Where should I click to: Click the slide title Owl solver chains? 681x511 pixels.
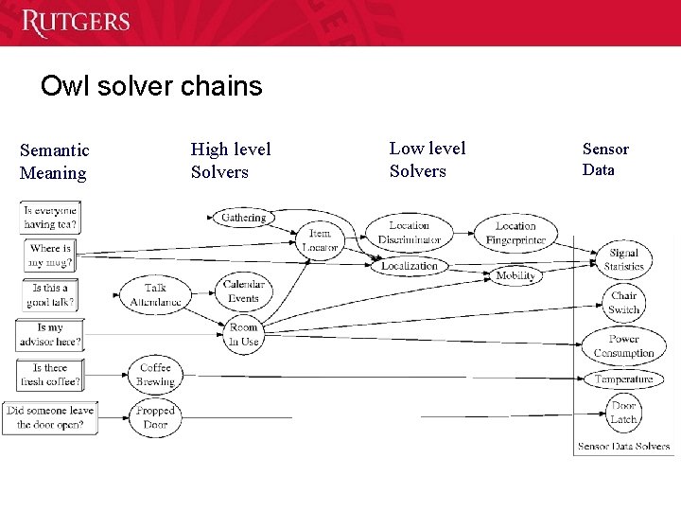(x=151, y=87)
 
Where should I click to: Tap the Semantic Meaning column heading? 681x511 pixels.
(x=55, y=162)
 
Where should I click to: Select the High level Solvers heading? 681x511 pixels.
(x=231, y=161)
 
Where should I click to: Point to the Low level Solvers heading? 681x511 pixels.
(x=428, y=160)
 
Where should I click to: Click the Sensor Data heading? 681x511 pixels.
(x=605, y=159)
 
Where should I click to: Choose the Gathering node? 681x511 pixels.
(x=244, y=218)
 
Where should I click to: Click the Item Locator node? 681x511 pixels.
(x=320, y=240)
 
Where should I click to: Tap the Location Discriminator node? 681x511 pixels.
(x=410, y=233)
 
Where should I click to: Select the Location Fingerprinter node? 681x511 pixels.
(x=515, y=233)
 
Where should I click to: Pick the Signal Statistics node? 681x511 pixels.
(x=624, y=259)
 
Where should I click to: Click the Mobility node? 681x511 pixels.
(x=515, y=275)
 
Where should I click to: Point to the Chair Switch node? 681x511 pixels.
(x=624, y=303)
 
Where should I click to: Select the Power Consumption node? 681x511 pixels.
(x=624, y=345)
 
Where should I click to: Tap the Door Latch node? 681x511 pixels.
(x=623, y=413)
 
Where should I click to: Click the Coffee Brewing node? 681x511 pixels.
(x=155, y=375)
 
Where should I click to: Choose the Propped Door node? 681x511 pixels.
(x=155, y=417)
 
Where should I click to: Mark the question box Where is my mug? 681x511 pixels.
(x=50, y=255)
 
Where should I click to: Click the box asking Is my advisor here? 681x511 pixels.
(x=49, y=335)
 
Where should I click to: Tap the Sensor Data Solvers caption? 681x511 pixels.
(x=623, y=446)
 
